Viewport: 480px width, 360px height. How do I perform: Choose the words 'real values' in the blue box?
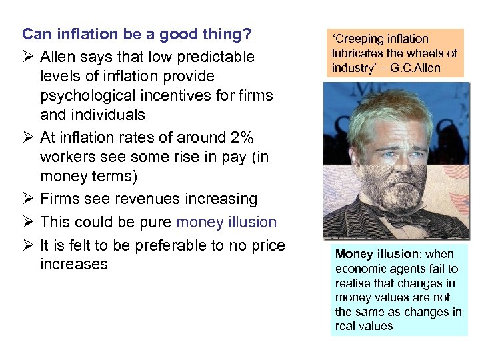pos(364,327)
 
